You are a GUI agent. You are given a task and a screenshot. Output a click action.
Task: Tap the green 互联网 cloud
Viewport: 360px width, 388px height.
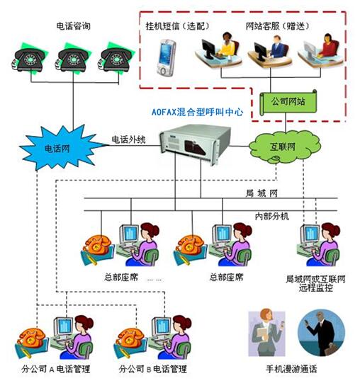pyautogui.click(x=284, y=147)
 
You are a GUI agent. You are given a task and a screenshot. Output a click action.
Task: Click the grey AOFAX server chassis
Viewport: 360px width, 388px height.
pyautogui.click(x=196, y=144)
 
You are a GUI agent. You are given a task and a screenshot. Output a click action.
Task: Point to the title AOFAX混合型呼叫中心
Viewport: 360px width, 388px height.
pyautogui.click(x=197, y=112)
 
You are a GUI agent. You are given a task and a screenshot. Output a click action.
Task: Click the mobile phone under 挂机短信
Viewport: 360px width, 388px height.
pyautogui.click(x=166, y=57)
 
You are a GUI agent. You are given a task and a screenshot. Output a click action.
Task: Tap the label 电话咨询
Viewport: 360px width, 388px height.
pyautogui.click(x=73, y=26)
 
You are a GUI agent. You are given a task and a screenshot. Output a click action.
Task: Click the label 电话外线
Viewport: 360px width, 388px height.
pyautogui.click(x=128, y=139)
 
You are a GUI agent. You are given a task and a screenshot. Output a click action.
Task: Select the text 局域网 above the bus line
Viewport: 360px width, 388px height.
pyautogui.click(x=261, y=193)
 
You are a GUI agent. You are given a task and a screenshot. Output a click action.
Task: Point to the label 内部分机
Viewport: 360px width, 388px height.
pyautogui.click(x=272, y=217)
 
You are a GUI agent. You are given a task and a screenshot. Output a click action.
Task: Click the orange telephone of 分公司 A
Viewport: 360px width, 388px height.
pyautogui.click(x=31, y=338)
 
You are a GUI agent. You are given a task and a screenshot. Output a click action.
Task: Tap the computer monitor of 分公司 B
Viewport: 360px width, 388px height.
pyautogui.click(x=162, y=326)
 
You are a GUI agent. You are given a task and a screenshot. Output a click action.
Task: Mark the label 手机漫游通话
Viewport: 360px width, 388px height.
pyautogui.click(x=291, y=369)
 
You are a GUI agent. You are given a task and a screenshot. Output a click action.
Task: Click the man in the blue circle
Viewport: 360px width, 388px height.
pyautogui.click(x=321, y=333)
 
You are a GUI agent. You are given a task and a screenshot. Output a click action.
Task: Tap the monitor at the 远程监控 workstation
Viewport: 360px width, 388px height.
pyautogui.click(x=310, y=234)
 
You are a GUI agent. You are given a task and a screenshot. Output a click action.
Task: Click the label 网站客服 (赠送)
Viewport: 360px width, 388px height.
pyautogui.click(x=278, y=26)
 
